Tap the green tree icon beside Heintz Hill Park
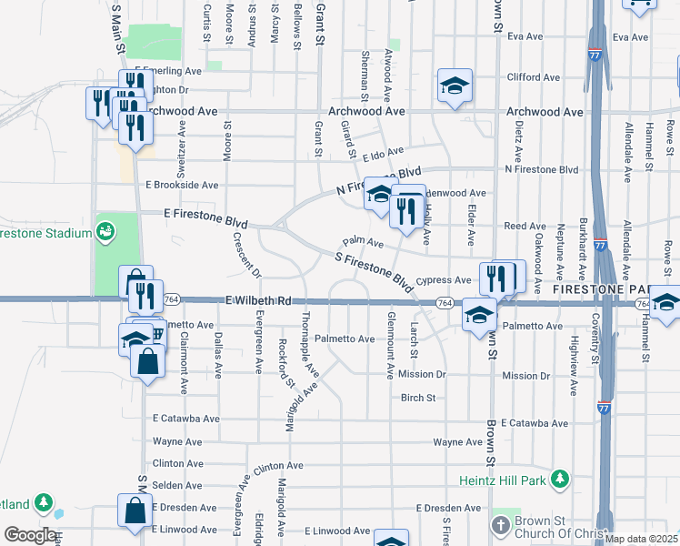[x=561, y=478]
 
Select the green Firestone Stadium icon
[x=106, y=233]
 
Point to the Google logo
[x=29, y=535]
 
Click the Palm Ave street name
[x=363, y=243]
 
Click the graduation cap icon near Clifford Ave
[x=455, y=86]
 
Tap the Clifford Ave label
[x=530, y=77]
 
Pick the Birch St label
[x=419, y=398]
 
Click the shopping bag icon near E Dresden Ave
[x=135, y=512]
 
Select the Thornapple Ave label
[x=310, y=345]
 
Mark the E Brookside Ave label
[x=182, y=185]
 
